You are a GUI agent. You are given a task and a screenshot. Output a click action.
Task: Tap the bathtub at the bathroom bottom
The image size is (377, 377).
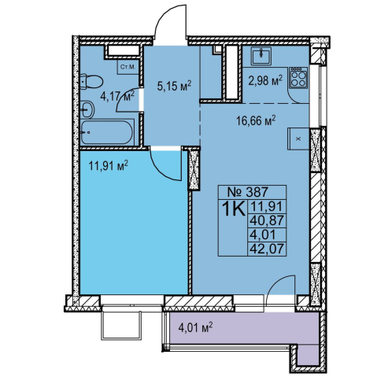pos(107,132)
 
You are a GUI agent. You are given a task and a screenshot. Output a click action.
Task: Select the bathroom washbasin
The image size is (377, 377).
pos(87,110)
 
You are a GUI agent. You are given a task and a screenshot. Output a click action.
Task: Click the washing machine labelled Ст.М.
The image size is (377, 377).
pos(128,67)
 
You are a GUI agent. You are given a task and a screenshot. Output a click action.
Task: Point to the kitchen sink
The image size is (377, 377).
pos(261,56)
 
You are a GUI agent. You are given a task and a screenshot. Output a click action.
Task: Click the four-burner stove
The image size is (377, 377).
pos(298,77)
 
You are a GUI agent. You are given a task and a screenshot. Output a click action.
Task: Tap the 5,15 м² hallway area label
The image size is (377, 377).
pos(174,86)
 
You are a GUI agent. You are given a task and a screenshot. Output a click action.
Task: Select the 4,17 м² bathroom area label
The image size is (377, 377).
pos(117,96)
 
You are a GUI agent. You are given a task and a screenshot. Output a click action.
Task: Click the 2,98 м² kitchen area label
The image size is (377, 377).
pos(265,80)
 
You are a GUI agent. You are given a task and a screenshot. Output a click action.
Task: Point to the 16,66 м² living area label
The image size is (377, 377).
pos(256,121)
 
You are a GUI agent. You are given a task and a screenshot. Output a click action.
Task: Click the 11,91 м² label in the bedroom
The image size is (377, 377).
pos(109,166)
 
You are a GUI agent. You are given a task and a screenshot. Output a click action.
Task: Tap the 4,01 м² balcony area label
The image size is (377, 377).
pos(195,328)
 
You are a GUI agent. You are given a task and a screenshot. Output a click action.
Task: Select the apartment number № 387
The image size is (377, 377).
pos(247,192)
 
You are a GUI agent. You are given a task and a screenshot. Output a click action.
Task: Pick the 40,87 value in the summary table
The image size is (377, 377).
pos(267,221)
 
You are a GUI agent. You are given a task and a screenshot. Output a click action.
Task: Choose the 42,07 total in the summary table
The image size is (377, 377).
pos(267,249)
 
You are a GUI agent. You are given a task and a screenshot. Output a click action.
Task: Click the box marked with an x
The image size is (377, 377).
pos(298,139)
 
